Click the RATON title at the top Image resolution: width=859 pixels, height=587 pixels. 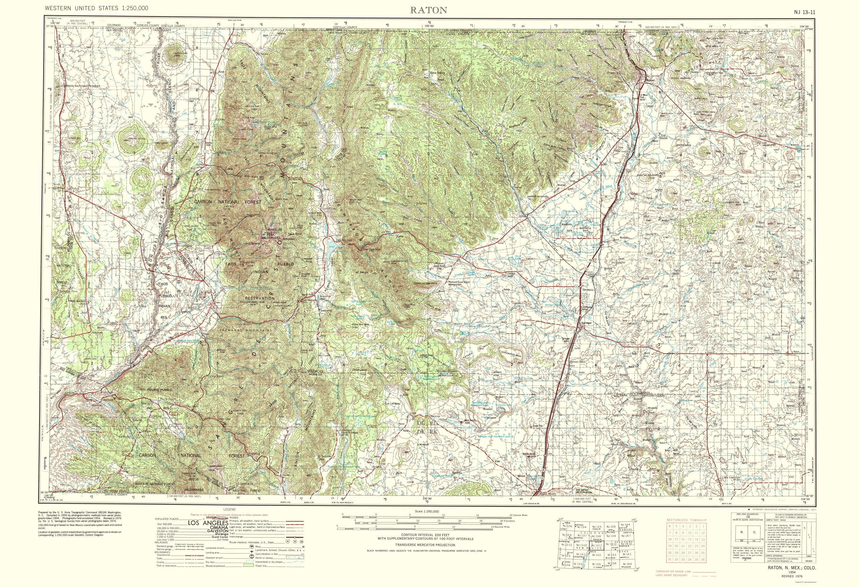[x=428, y=10]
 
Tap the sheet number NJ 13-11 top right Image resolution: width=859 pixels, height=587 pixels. [x=804, y=12]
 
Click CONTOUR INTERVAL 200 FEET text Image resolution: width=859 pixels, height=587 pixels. [x=425, y=534]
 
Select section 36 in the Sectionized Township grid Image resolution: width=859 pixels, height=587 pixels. [x=703, y=570]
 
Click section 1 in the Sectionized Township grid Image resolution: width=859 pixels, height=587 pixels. [x=703, y=526]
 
